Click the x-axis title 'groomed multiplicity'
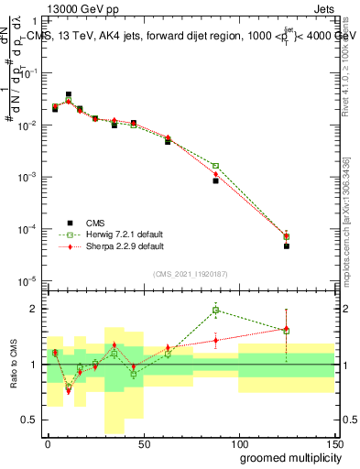coord(285,457)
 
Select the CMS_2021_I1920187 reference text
coord(190,274)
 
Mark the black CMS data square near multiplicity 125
coord(287,245)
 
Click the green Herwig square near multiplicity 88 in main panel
coord(215,166)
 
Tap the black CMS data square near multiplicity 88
coord(215,180)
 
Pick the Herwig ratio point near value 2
coord(215,310)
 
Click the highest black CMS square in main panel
coord(69,94)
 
